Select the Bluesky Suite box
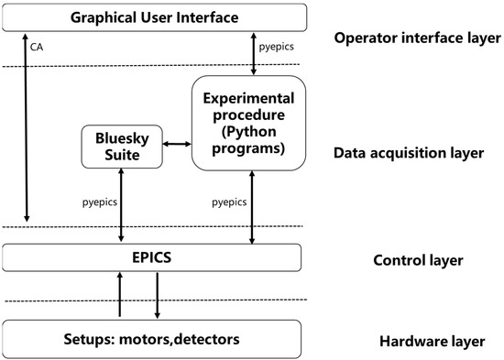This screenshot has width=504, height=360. pos(121,146)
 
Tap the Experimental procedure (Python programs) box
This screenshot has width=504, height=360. pos(247,124)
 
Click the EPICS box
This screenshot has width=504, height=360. pos(152,257)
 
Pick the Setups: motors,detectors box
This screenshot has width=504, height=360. pos(152,339)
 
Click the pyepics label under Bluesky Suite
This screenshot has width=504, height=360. pos(98,199)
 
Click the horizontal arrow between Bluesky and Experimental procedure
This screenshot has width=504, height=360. pos(177,144)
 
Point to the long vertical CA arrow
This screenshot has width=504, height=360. pos(27,128)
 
